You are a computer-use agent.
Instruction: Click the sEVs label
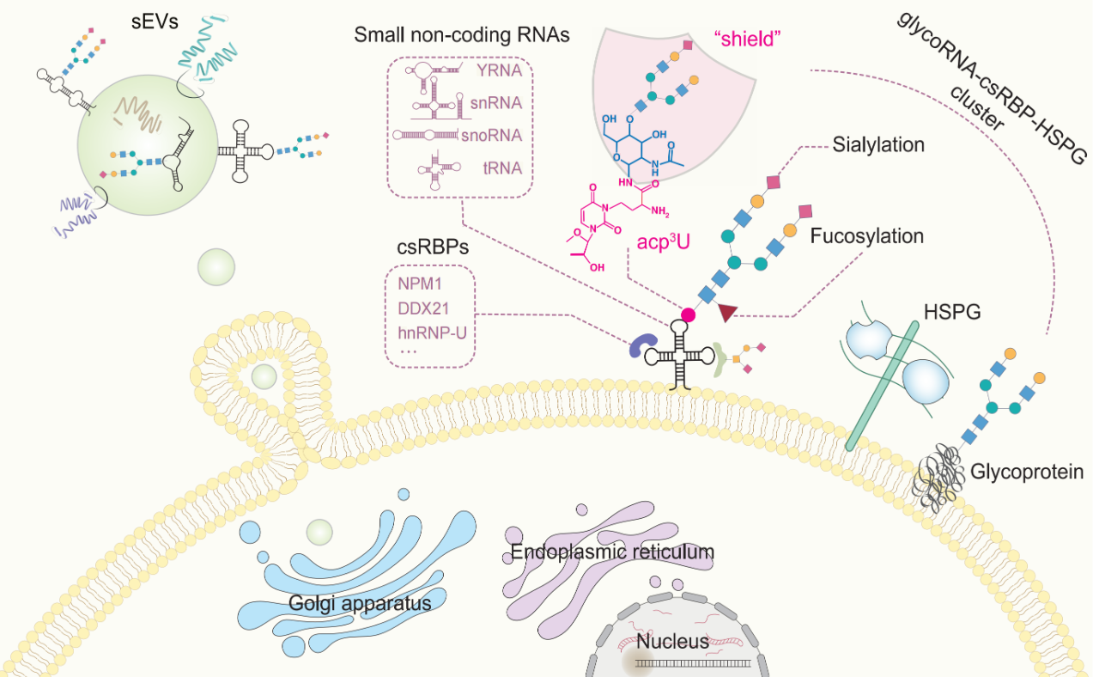pyautogui.click(x=155, y=21)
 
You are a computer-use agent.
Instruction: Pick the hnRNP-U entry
pyautogui.click(x=432, y=331)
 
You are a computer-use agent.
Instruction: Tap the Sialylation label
pyautogui.click(x=877, y=144)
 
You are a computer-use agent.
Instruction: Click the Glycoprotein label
pyautogui.click(x=1027, y=471)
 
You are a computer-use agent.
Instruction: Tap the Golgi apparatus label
pyautogui.click(x=360, y=604)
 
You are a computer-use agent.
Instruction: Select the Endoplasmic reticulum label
pyautogui.click(x=612, y=552)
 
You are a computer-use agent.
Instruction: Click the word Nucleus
pyautogui.click(x=677, y=640)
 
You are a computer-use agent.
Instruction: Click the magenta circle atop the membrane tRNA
pyautogui.click(x=688, y=314)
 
